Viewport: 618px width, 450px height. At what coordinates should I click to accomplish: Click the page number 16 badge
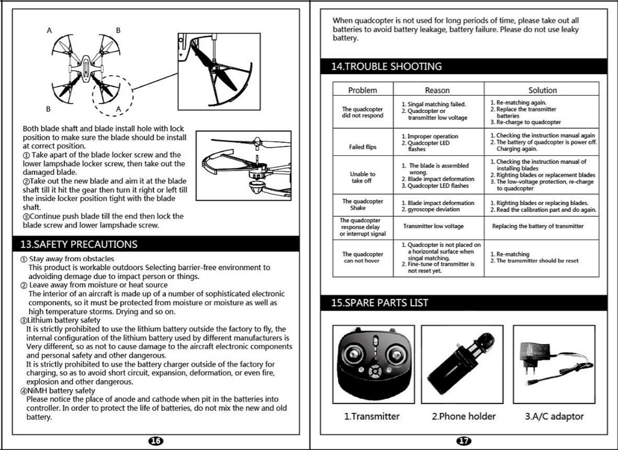point(156,441)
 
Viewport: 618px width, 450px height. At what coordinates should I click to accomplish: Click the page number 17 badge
point(464,441)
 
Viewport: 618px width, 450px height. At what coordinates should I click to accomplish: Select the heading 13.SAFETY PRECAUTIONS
point(79,244)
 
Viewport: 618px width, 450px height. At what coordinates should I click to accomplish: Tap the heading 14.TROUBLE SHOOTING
point(386,66)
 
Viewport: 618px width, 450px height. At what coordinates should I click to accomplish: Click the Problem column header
point(362,90)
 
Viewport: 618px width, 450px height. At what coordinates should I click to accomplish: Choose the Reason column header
point(437,90)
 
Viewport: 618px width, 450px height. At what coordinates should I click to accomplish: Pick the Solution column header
point(542,90)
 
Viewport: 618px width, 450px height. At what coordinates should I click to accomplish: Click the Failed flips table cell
point(362,147)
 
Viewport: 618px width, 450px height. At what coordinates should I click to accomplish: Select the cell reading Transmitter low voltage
point(433,226)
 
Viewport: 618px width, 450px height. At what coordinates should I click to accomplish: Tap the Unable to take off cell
point(362,177)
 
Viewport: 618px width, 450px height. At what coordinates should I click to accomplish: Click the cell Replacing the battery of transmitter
point(538,226)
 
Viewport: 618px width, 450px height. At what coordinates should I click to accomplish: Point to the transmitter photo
point(373,364)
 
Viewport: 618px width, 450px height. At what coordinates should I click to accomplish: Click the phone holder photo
point(462,364)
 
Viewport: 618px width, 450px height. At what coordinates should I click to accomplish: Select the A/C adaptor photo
point(554,364)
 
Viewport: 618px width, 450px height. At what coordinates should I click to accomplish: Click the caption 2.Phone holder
point(464,416)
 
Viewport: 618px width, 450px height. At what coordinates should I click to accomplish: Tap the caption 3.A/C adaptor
point(554,416)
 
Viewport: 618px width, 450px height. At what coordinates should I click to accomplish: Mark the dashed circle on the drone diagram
point(113,95)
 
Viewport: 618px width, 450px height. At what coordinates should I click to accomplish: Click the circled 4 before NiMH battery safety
point(23,391)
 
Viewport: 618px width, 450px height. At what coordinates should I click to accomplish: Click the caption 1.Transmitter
point(371,416)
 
